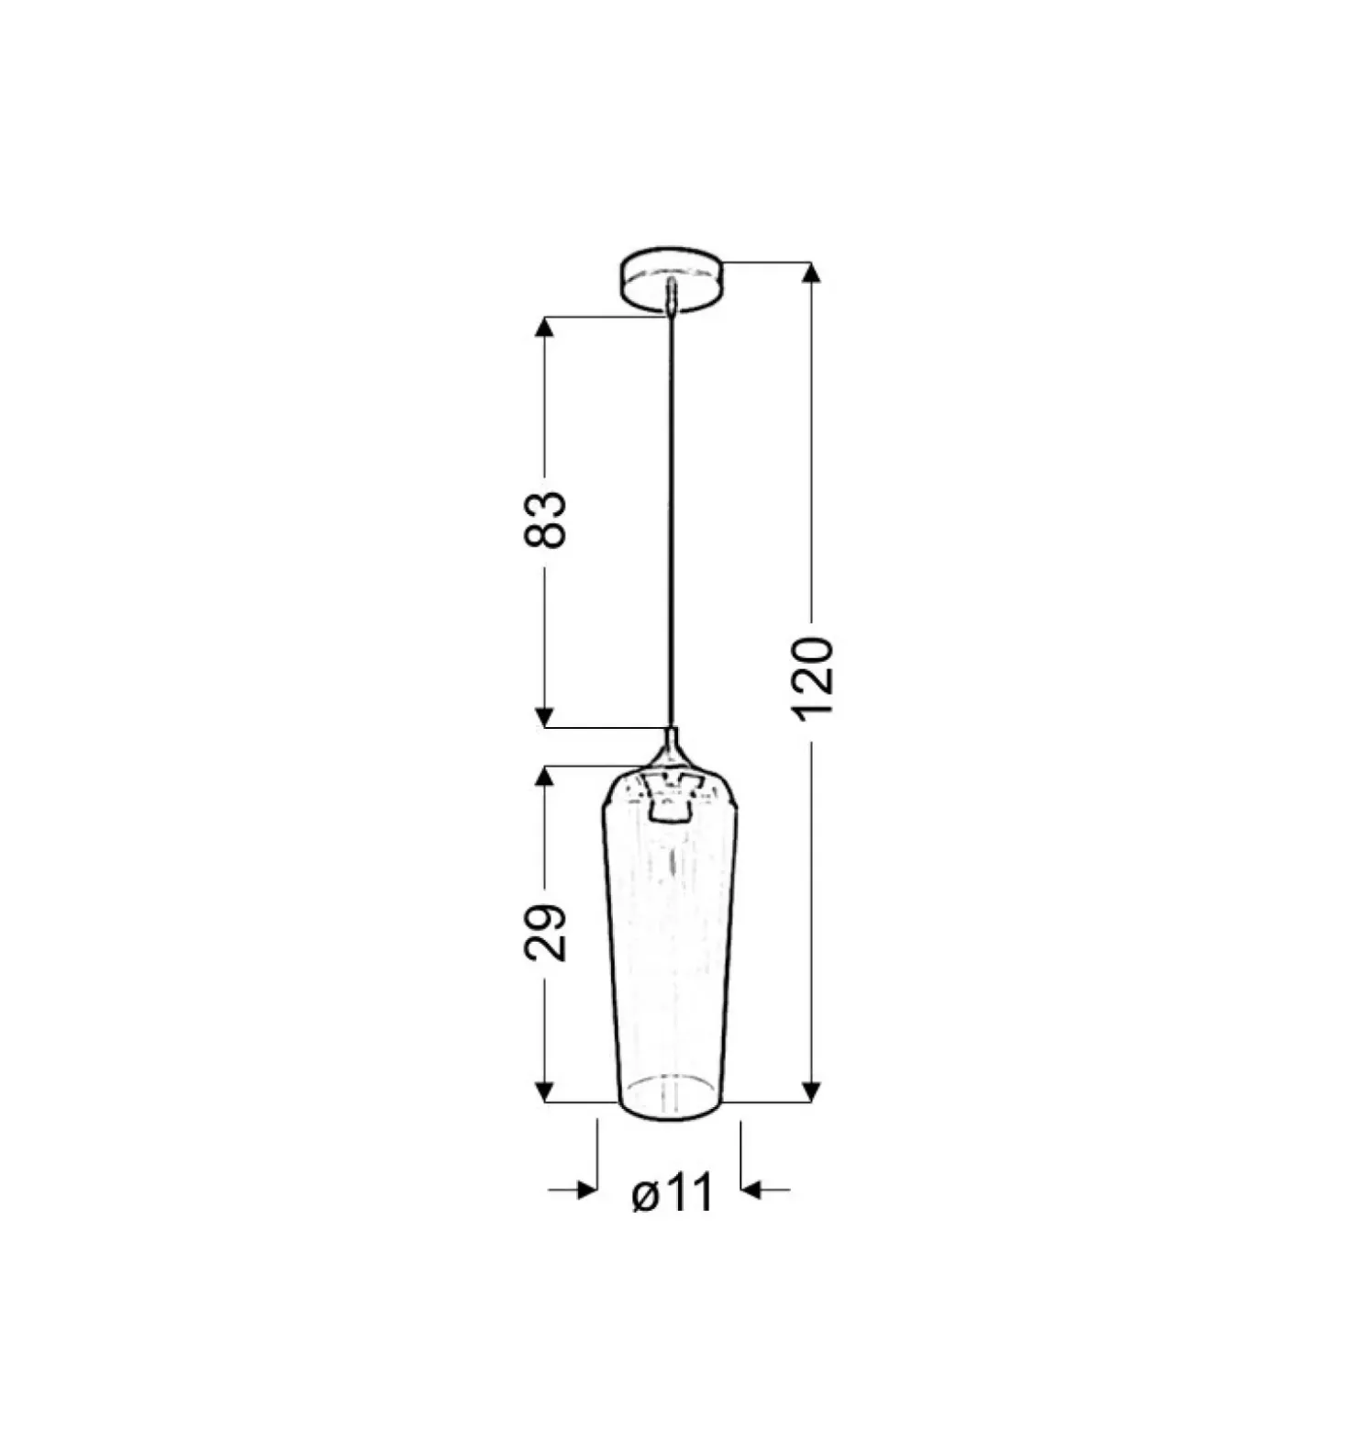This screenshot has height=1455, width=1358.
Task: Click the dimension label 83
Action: (x=545, y=520)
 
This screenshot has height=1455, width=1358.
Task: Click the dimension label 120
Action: (x=811, y=677)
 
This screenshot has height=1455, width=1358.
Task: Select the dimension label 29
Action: (x=545, y=933)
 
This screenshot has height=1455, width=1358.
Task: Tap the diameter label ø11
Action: (x=673, y=1193)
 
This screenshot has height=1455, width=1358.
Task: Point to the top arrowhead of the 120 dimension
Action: (x=810, y=273)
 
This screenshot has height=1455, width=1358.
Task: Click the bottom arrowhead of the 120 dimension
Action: (x=810, y=1091)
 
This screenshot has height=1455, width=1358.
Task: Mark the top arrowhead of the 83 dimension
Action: (x=545, y=328)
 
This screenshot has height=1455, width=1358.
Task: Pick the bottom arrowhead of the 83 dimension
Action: (x=545, y=717)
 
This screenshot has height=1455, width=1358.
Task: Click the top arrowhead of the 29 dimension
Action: (x=545, y=777)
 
